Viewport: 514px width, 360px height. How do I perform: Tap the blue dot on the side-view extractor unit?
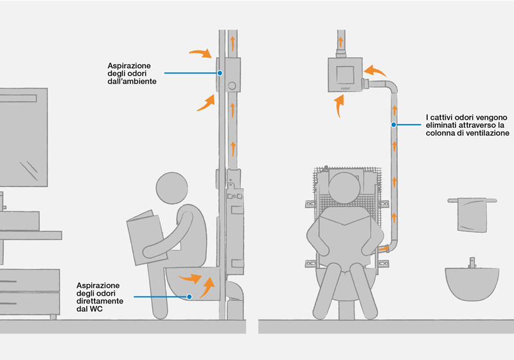click(x=220, y=73)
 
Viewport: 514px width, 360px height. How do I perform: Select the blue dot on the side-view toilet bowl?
click(x=190, y=296)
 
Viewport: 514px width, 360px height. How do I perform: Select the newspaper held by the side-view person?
click(x=143, y=237)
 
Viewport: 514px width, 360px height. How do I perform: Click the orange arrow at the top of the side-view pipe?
click(x=232, y=42)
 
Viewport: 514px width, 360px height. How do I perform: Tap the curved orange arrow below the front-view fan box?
click(x=339, y=104)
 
